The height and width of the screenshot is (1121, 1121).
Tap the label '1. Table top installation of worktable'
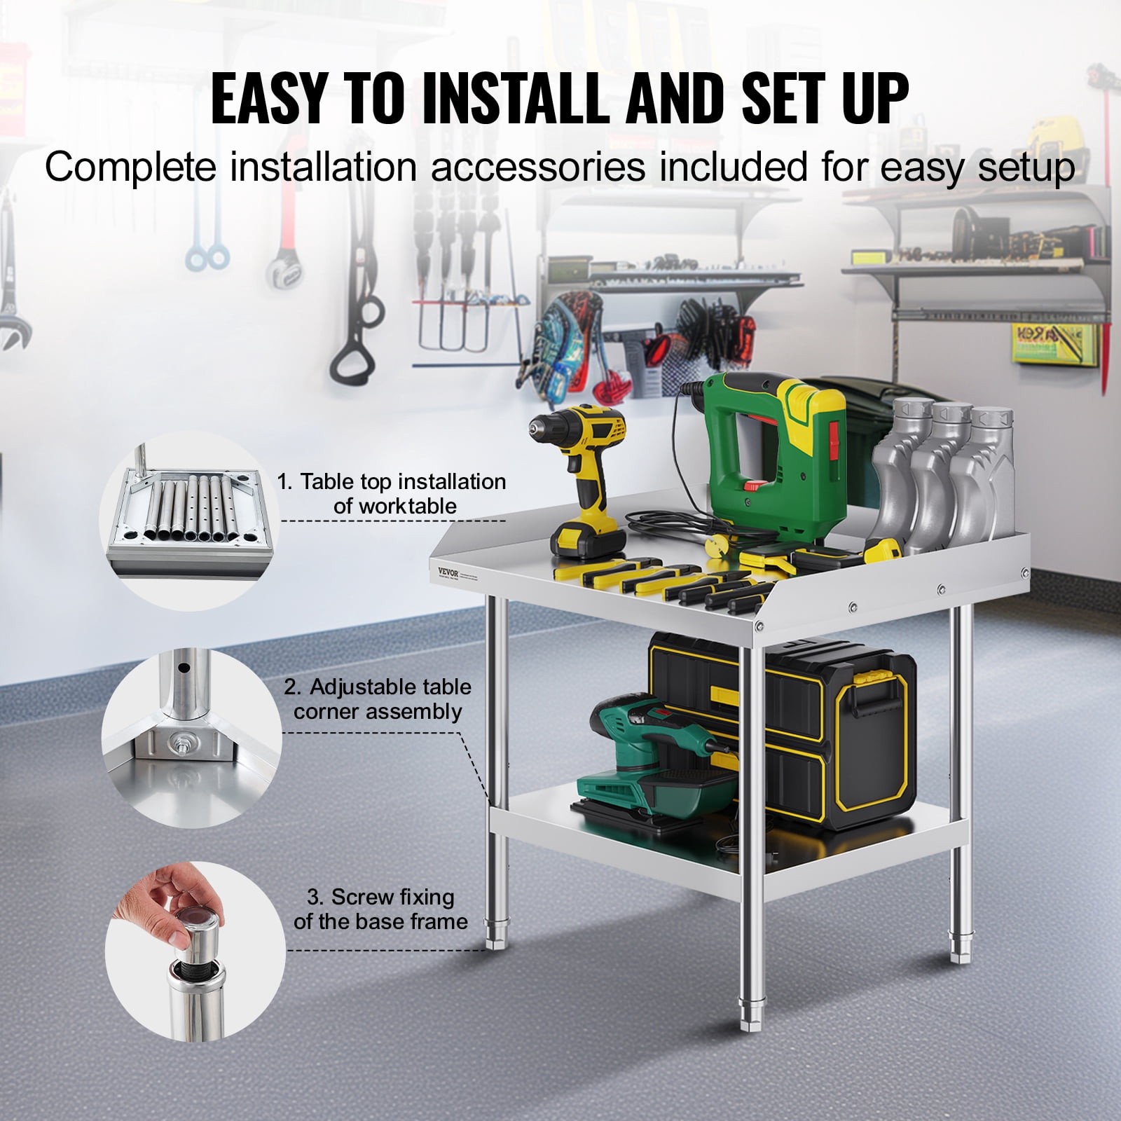tap(392, 494)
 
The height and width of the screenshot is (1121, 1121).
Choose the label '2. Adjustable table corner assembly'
tap(378, 699)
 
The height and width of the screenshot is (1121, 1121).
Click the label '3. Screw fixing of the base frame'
tap(380, 909)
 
